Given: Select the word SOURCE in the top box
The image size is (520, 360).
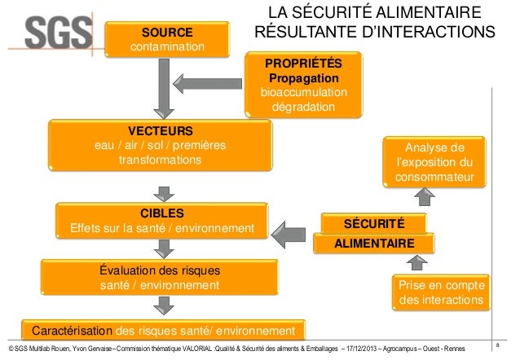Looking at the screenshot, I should pos(168,32).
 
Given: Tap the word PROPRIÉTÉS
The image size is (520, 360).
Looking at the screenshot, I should pos(303,63).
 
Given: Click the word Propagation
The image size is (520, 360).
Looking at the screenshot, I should pos(303,77).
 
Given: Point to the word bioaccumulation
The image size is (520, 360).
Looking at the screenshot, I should pos(303,92).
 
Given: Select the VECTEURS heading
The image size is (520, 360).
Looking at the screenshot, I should pos(160,131).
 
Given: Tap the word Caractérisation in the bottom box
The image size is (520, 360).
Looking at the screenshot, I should pos(73,331).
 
